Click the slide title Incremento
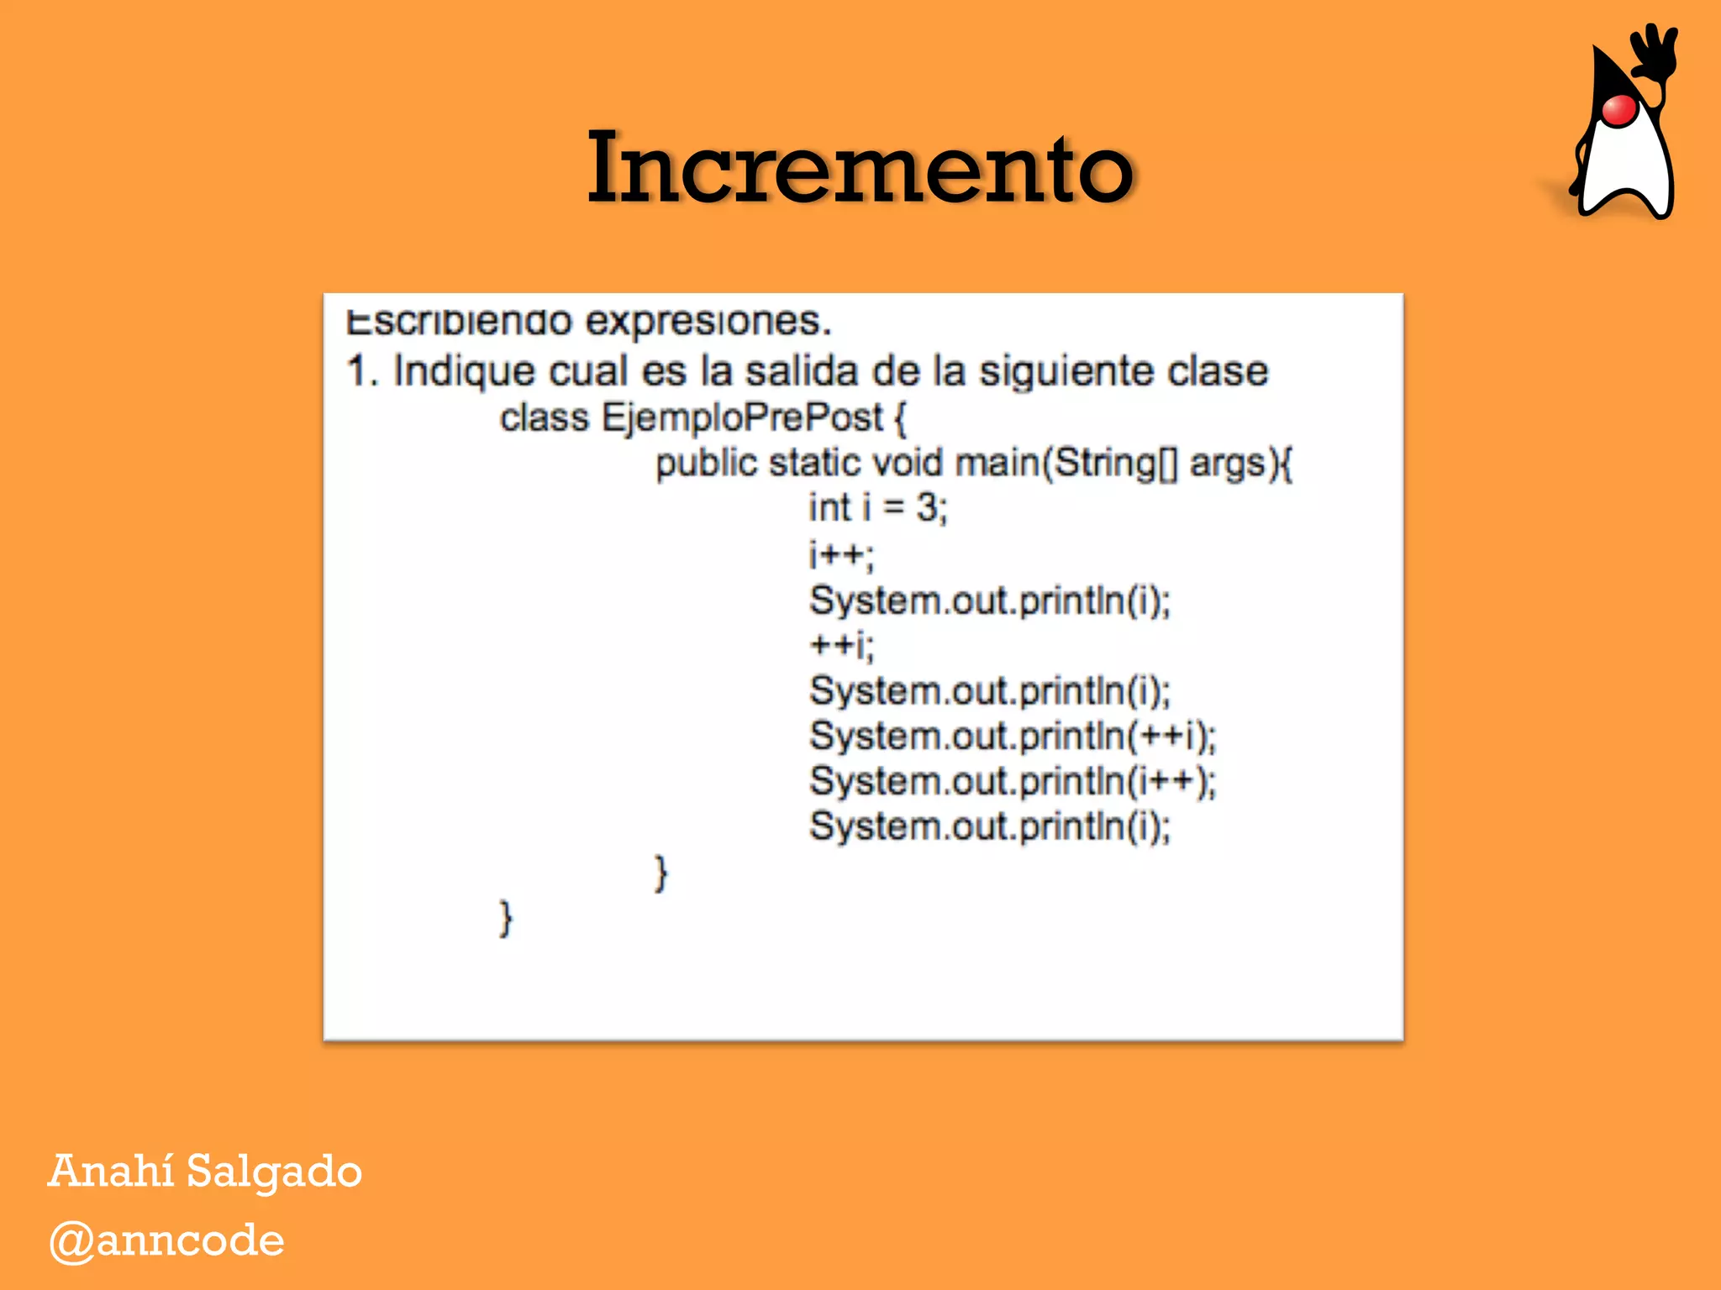860,168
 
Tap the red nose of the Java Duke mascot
1618,110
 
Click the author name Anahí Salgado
205,1171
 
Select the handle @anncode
166,1240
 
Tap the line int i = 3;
878,507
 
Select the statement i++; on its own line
841,554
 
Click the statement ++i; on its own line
841,645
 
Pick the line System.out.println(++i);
1013,737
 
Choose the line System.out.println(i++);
1013,782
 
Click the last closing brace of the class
505,918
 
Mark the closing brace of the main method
661,873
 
